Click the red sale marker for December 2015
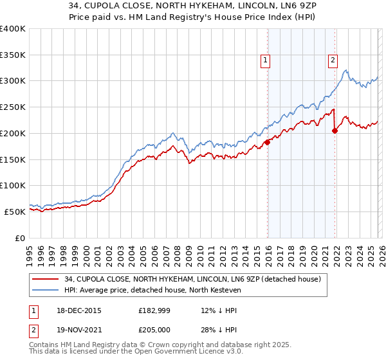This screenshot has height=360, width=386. click(267, 142)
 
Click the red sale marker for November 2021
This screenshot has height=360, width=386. click(335, 130)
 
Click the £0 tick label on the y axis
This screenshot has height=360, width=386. click(20, 238)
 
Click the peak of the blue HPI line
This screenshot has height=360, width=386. click(345, 70)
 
